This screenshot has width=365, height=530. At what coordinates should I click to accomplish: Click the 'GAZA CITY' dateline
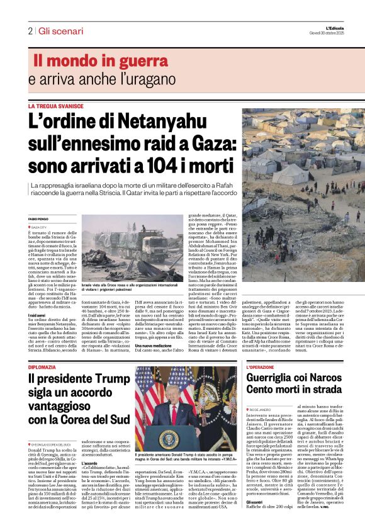39,227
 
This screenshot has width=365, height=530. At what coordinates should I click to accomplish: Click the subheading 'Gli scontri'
255,502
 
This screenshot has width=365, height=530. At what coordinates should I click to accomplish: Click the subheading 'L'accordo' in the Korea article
90,464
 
